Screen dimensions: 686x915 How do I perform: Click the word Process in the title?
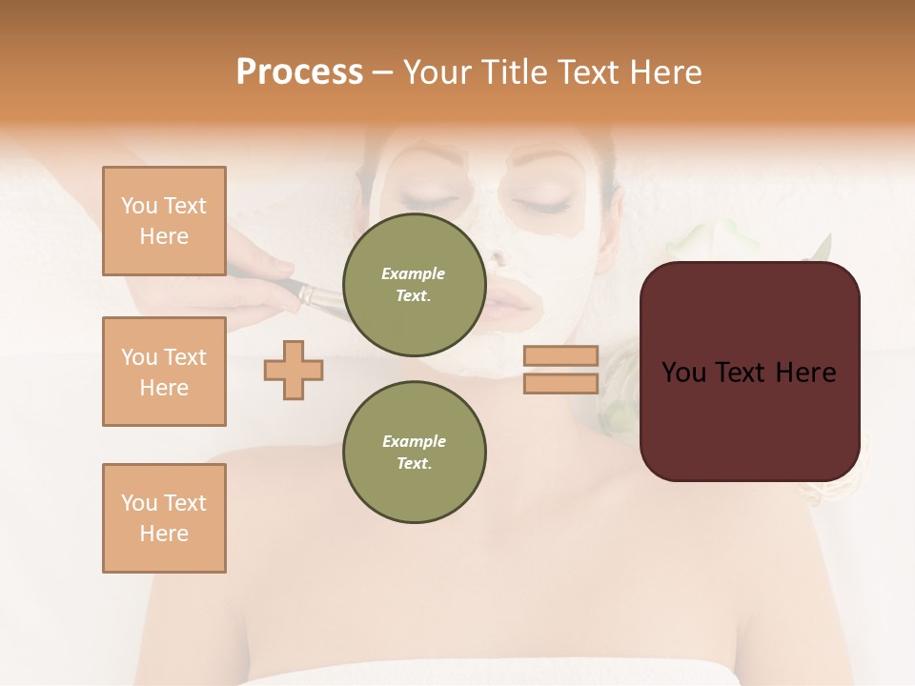pos(299,72)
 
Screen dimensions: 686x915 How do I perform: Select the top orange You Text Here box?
pos(164,221)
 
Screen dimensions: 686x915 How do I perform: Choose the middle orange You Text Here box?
pos(164,372)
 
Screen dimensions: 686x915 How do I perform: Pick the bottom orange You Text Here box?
pos(164,518)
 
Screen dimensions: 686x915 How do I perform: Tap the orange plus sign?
pos(294,370)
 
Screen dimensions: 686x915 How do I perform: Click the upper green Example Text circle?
pos(414,284)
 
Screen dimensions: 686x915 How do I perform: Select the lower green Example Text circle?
pos(414,452)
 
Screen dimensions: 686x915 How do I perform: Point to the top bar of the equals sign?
pos(560,355)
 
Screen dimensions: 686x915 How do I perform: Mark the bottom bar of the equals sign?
pos(560,383)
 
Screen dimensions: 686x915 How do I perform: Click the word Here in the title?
pos(665,72)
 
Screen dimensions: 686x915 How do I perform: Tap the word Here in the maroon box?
pos(805,373)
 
